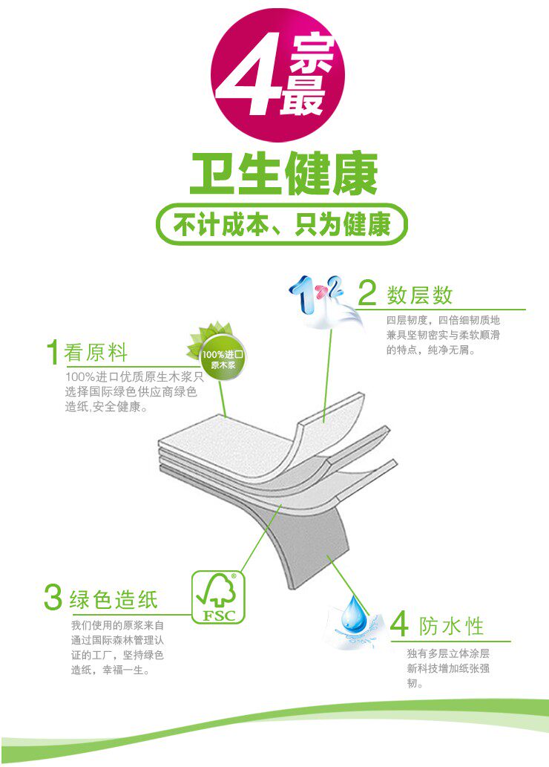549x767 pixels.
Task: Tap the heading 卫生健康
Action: coord(283,174)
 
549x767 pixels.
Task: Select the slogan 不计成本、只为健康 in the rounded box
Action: coord(282,224)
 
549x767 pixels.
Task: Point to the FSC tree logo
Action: coord(218,597)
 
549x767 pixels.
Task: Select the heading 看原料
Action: coord(96,352)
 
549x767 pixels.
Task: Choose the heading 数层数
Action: coord(419,295)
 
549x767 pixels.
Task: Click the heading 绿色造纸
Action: coord(114,600)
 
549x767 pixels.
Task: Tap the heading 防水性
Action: coord(451,626)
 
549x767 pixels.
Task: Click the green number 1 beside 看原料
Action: coord(53,352)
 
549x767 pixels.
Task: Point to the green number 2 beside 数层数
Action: coord(367,293)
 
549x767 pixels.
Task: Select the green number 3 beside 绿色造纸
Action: coord(53,597)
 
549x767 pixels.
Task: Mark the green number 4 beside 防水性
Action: coord(399,624)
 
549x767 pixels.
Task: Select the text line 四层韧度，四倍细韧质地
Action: coord(444,321)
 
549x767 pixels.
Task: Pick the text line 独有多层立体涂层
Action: coord(448,653)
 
